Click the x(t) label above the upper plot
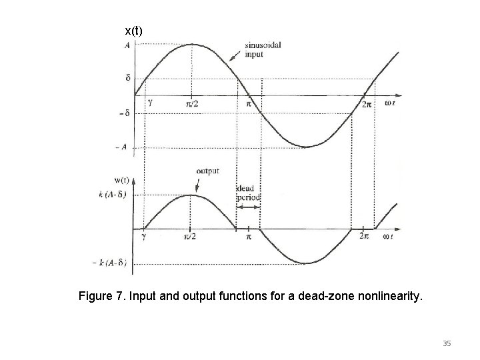133,31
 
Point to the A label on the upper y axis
127,45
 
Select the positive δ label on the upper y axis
128,78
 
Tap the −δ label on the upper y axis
125,113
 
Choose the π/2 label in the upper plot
192,105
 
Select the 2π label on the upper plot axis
365,105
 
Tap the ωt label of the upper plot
391,103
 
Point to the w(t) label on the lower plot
122,181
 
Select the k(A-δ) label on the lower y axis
112,195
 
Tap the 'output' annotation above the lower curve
207,171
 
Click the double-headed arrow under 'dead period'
248,207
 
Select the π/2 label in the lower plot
191,237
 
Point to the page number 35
447,343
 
